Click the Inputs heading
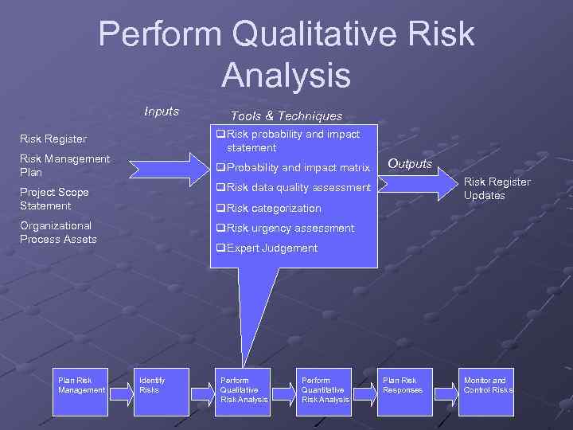(x=162, y=111)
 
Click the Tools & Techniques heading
(x=286, y=116)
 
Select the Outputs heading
(x=410, y=164)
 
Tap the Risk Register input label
(x=53, y=139)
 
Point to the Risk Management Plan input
(x=64, y=166)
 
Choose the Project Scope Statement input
(x=54, y=199)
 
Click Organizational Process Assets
(x=58, y=233)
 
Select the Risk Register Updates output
(x=497, y=189)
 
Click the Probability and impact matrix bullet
(x=294, y=168)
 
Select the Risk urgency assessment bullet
(x=286, y=229)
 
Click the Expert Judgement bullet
(x=267, y=248)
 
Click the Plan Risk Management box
(x=80, y=391)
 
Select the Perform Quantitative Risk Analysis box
(x=324, y=391)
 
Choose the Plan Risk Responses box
(x=406, y=391)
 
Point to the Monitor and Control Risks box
(x=488, y=391)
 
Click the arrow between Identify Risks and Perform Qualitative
(x=202, y=391)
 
